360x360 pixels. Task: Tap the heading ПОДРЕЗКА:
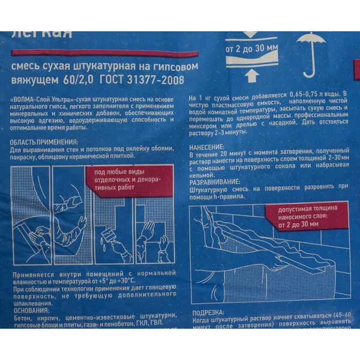209,313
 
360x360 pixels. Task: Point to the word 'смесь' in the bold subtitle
28,67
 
